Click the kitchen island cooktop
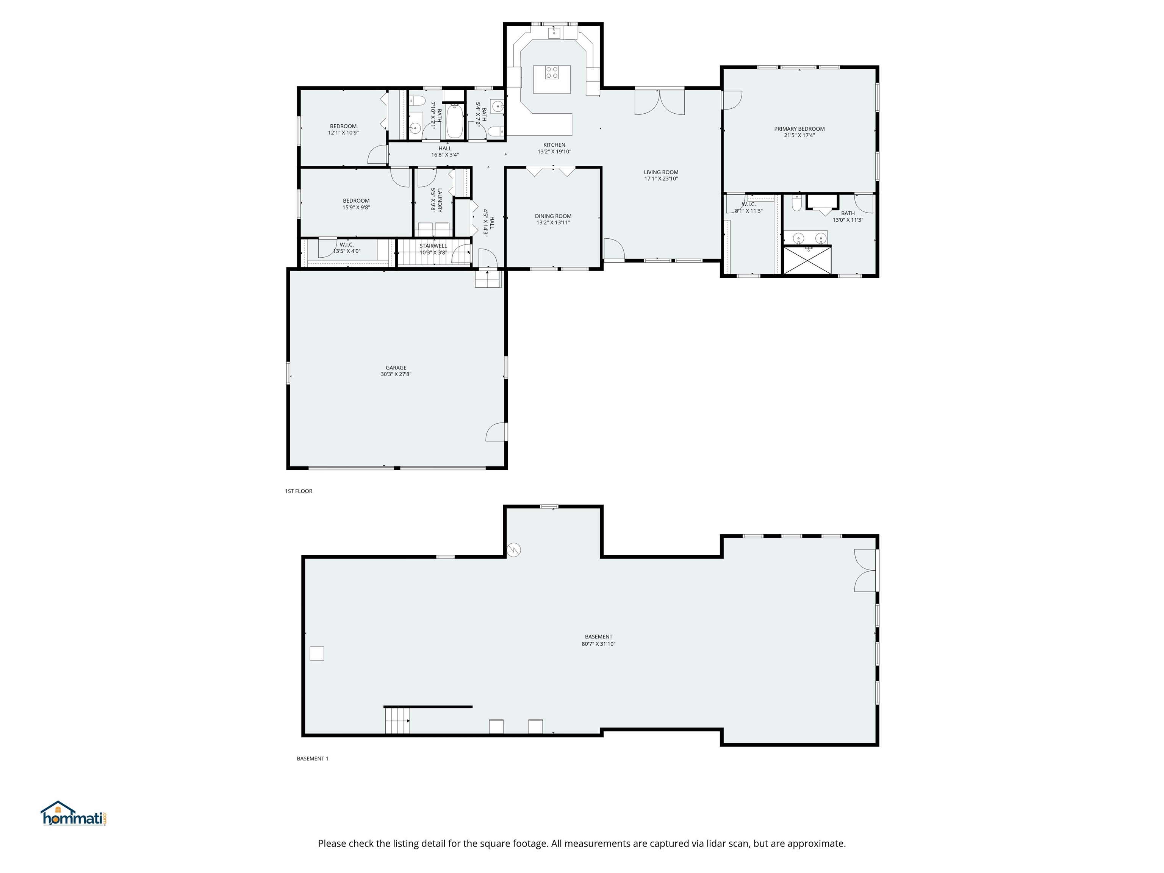(x=551, y=73)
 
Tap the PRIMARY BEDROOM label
(x=799, y=129)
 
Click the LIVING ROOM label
(x=660, y=172)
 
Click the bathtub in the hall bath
(x=454, y=122)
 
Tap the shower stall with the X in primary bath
(x=807, y=260)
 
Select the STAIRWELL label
(x=433, y=246)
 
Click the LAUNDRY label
(x=440, y=200)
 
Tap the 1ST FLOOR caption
(x=298, y=491)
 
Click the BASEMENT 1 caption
(x=312, y=758)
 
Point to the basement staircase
(x=397, y=720)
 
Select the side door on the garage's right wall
(x=497, y=432)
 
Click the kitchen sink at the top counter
(x=553, y=33)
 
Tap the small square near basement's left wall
(x=317, y=654)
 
